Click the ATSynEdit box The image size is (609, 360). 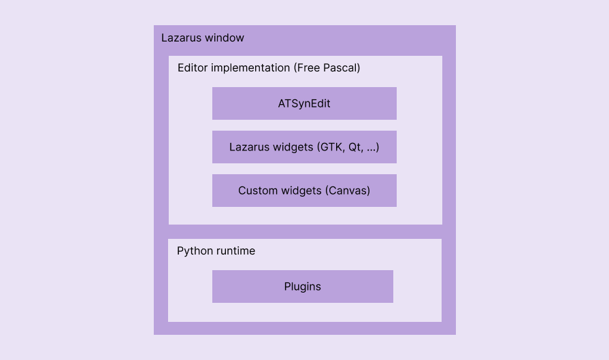[304, 103]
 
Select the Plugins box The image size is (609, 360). [302, 287]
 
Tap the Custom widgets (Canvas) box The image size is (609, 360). [304, 191]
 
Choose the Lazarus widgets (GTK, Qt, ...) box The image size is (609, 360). [304, 147]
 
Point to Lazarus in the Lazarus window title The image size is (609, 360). [180, 37]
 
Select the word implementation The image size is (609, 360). [250, 68]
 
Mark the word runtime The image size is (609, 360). [235, 251]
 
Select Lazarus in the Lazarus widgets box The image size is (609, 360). [249, 147]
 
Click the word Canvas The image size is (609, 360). [348, 191]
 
